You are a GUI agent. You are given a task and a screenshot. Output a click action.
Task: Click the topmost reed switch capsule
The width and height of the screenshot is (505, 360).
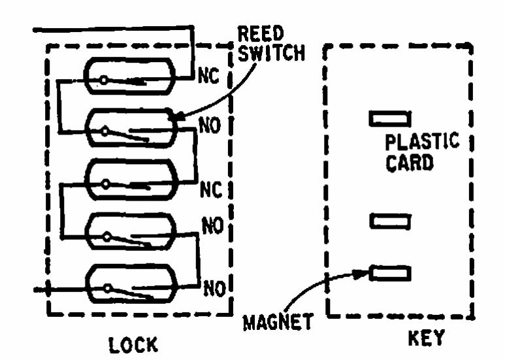[x=130, y=77]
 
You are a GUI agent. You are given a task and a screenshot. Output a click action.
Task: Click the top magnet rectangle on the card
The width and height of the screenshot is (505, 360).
[x=389, y=119]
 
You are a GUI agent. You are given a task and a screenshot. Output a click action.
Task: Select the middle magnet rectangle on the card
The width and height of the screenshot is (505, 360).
[x=390, y=223]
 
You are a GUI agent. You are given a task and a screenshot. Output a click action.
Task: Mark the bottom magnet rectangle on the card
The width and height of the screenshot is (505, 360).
[x=390, y=272]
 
